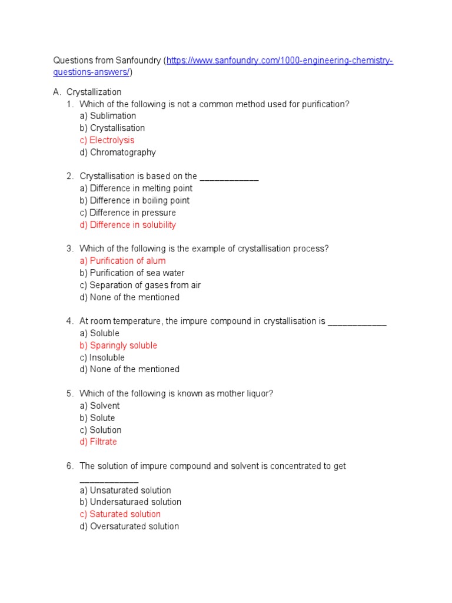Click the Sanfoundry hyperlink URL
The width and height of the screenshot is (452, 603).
[x=280, y=61]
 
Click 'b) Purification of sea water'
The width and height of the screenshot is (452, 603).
[x=132, y=273]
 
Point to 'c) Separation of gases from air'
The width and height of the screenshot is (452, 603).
[x=140, y=286]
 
